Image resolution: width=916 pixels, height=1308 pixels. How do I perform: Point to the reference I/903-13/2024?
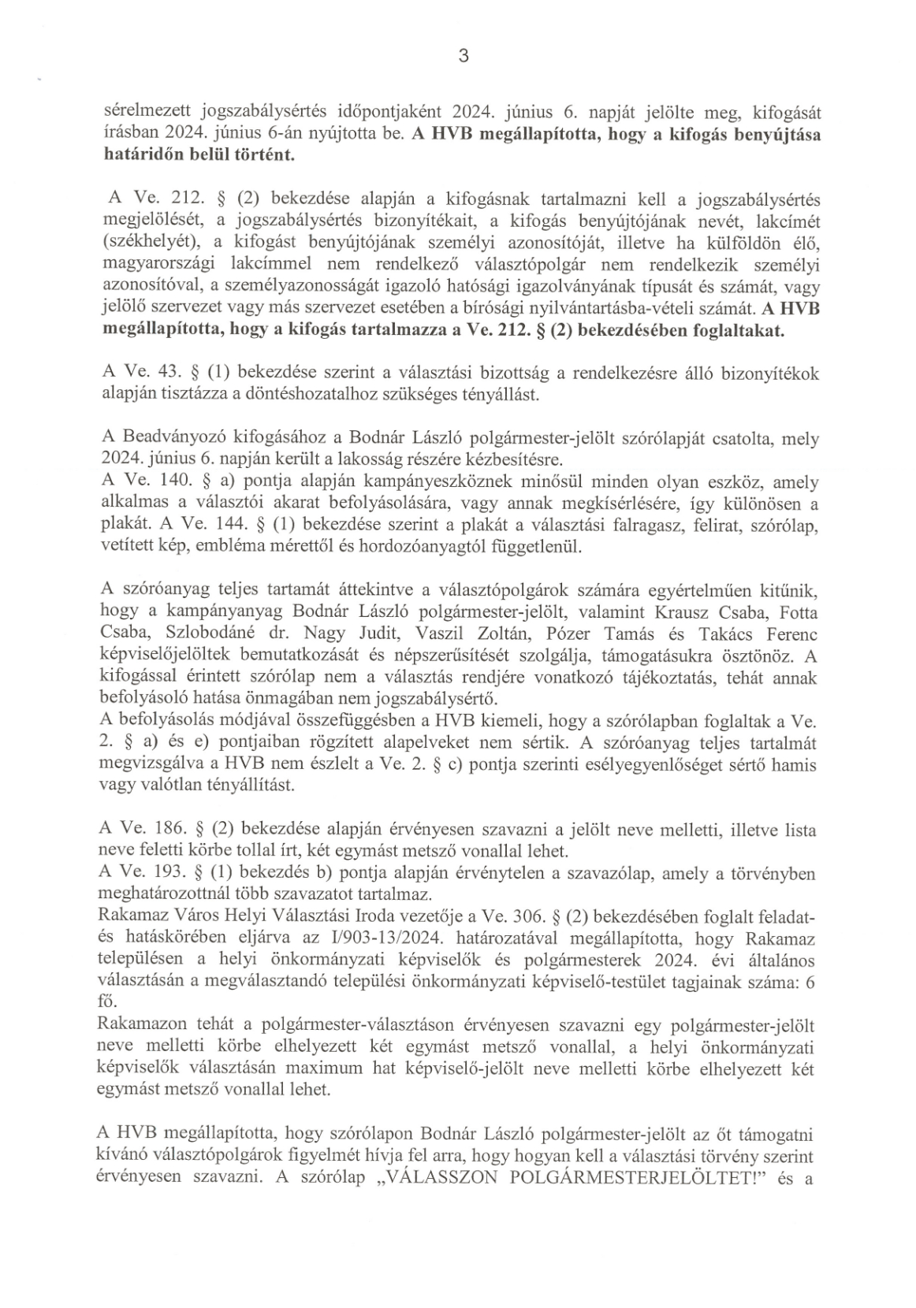pos(382,939)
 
